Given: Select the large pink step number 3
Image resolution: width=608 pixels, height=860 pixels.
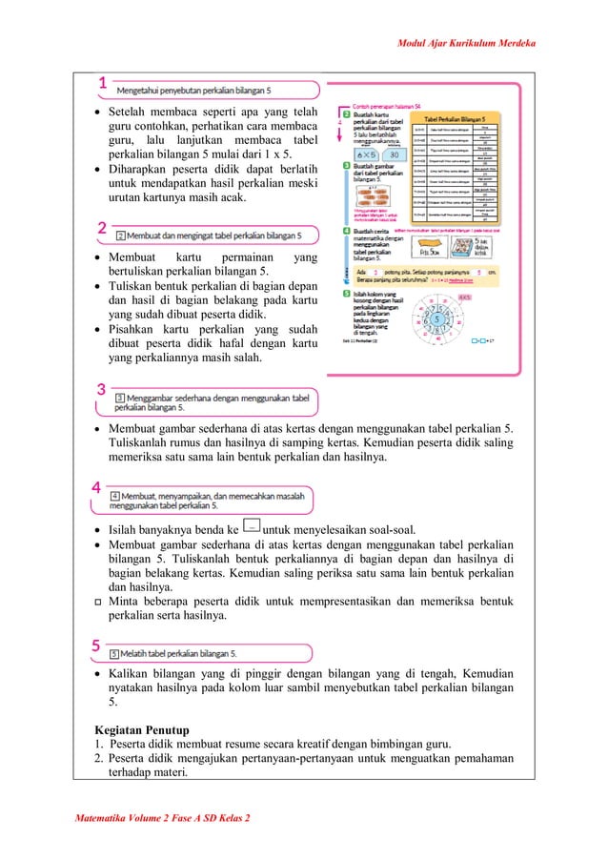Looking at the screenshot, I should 101,389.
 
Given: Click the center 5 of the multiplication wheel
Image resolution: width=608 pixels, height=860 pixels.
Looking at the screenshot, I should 436,318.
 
